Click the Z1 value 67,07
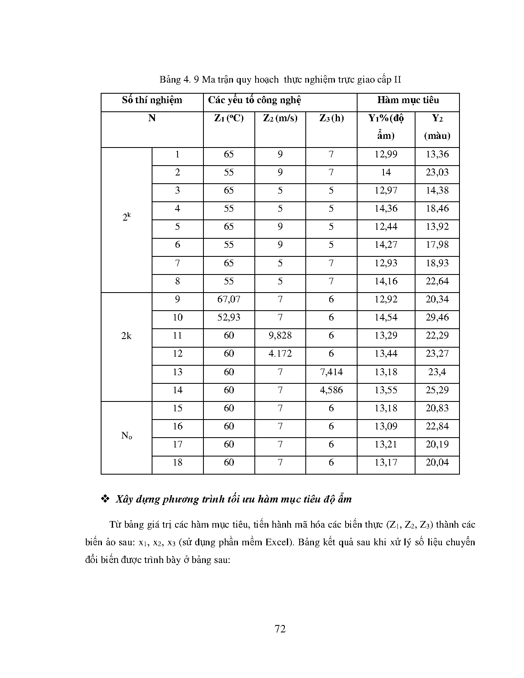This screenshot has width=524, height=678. coord(229,300)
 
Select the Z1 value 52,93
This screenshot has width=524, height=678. coord(229,318)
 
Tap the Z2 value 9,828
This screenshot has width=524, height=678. coord(280,336)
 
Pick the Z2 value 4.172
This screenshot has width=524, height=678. coord(280,354)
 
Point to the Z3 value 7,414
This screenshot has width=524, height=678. coord(331,372)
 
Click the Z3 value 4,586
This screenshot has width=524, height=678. coord(331,390)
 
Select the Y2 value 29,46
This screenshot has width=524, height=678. coord(437,318)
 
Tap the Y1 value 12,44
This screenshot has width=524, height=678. coord(385,227)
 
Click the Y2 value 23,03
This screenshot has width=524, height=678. coord(437,173)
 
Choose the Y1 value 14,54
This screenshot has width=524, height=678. coord(385,318)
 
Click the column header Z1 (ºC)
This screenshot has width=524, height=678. coord(229,118)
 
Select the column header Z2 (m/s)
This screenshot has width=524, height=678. coord(280,118)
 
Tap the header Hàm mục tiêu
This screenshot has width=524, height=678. coord(408,100)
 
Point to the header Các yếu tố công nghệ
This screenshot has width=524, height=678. coord(254,100)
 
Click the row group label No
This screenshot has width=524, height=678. coord(127,436)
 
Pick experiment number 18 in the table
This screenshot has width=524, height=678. coord(177,463)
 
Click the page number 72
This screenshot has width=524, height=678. coord(280,629)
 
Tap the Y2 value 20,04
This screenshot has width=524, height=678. coord(437,463)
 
